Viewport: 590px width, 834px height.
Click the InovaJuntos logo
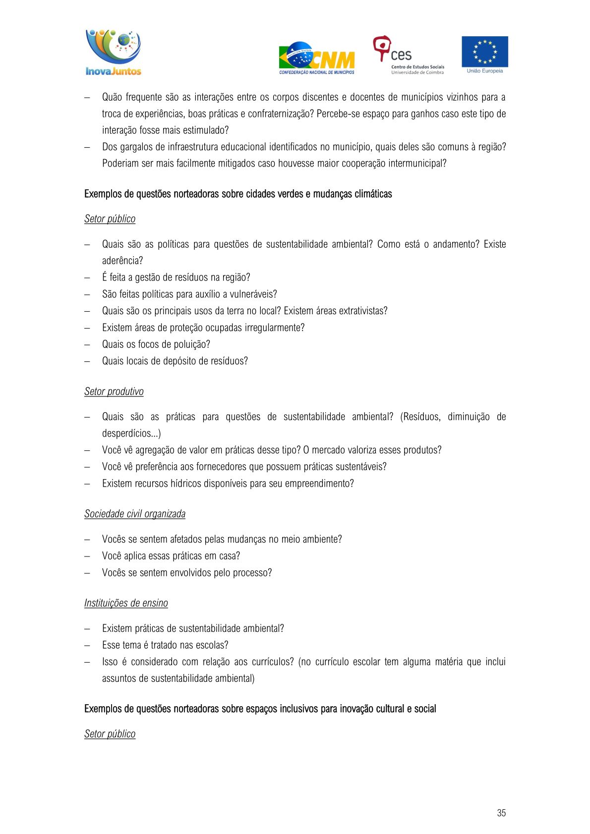point(114,53)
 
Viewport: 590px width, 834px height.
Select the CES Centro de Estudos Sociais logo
point(408,55)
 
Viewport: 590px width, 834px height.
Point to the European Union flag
point(484,52)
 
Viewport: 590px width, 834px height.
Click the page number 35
point(501,813)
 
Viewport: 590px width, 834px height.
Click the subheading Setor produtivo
point(114,391)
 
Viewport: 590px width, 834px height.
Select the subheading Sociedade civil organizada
point(135,514)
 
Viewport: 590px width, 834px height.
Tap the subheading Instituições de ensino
point(126,603)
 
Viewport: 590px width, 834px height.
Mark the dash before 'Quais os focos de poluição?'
point(87,344)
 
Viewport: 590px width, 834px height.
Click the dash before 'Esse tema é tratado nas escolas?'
point(87,645)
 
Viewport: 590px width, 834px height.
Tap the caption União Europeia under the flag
point(484,71)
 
